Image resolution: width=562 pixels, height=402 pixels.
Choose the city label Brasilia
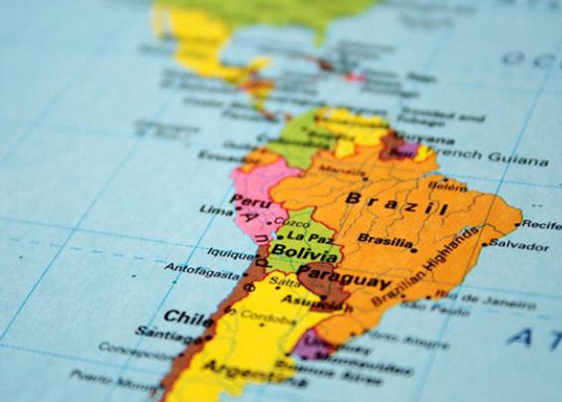click(x=385, y=240)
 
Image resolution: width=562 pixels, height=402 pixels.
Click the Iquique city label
click(x=231, y=252)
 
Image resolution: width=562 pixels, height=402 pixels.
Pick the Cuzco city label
click(x=291, y=220)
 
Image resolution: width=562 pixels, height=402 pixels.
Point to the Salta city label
click(x=287, y=280)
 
